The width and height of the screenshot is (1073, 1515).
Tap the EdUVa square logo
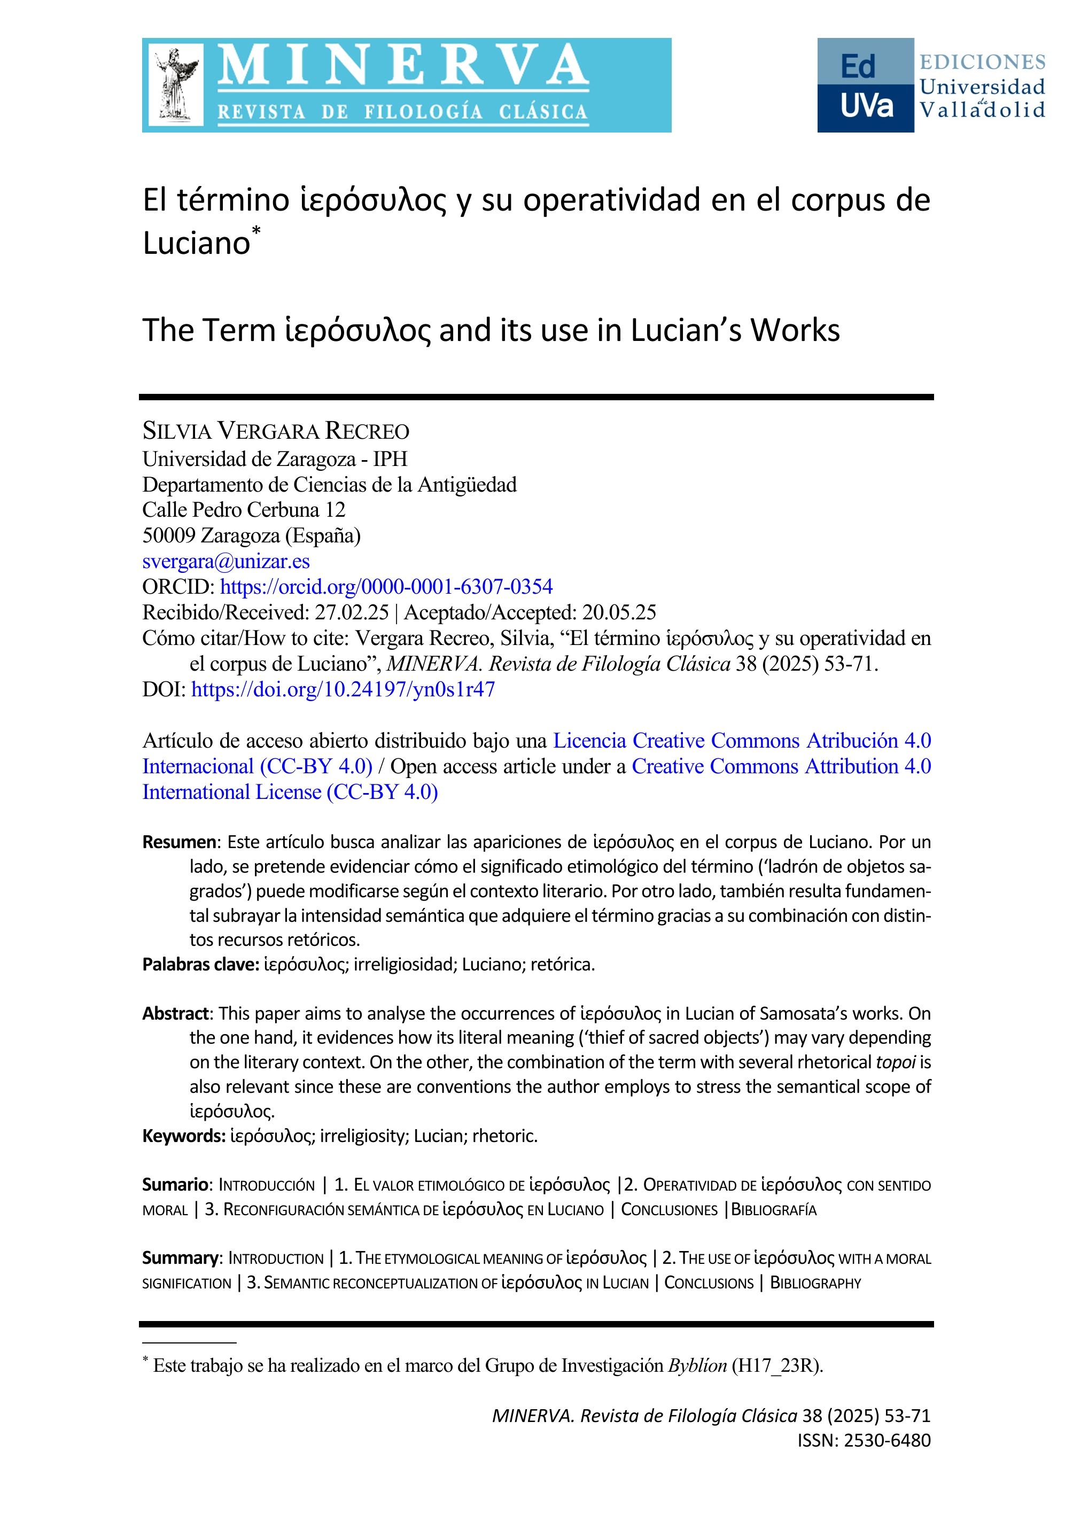coord(865,85)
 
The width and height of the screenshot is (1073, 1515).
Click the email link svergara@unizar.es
coord(226,561)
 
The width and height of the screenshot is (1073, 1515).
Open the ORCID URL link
coord(386,587)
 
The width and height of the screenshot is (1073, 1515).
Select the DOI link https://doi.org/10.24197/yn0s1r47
coord(343,689)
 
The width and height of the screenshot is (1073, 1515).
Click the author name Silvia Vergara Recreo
coord(276,431)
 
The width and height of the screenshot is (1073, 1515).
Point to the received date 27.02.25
coord(352,612)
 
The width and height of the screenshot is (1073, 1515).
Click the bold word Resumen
coord(179,842)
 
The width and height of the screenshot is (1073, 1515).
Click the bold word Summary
coord(180,1258)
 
